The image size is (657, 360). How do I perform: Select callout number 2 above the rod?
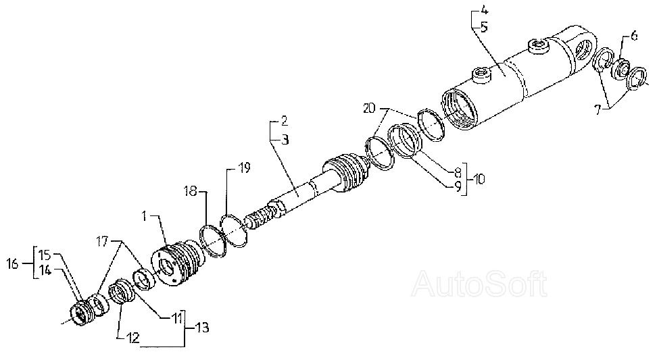(284, 122)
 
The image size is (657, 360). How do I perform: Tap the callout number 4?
(484, 12)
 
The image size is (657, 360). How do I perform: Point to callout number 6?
(633, 37)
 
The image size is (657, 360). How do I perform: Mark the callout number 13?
(201, 328)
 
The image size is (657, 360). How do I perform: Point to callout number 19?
(243, 168)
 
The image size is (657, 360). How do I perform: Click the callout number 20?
(368, 107)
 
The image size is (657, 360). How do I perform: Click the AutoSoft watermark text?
(479, 284)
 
